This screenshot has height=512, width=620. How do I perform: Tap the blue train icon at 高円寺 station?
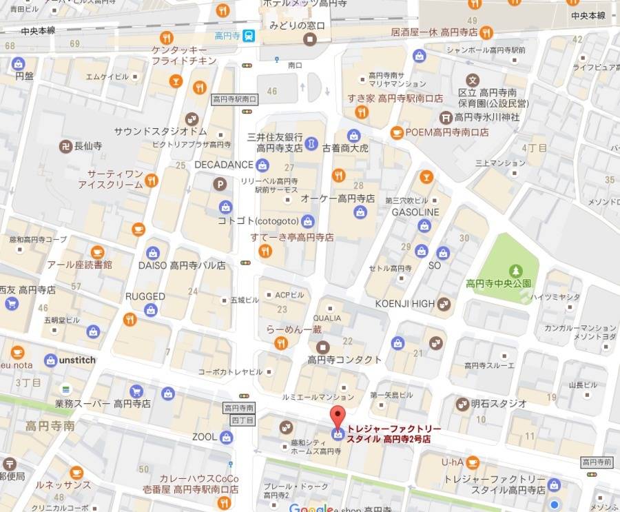(x=248, y=36)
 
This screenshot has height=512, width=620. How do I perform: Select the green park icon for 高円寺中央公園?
(x=515, y=271)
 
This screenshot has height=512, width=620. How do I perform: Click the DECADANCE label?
(x=224, y=165)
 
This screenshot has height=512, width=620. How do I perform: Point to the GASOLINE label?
(x=415, y=212)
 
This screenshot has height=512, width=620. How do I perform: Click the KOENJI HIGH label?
(x=404, y=303)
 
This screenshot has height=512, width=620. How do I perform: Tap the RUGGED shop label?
(x=145, y=296)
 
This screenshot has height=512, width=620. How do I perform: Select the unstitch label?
(x=77, y=360)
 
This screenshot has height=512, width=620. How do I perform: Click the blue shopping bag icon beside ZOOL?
(x=227, y=437)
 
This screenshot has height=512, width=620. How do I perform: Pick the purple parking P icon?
(x=220, y=184)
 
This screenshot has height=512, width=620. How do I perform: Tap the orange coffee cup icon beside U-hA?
(x=473, y=461)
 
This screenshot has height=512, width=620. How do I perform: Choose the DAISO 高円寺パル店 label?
(x=182, y=265)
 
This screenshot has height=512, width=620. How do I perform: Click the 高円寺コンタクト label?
(x=344, y=360)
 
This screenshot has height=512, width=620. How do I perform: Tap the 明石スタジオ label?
(x=499, y=403)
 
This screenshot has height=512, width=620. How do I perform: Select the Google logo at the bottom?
(x=311, y=508)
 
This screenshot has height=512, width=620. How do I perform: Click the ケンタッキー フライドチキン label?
(x=184, y=55)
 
